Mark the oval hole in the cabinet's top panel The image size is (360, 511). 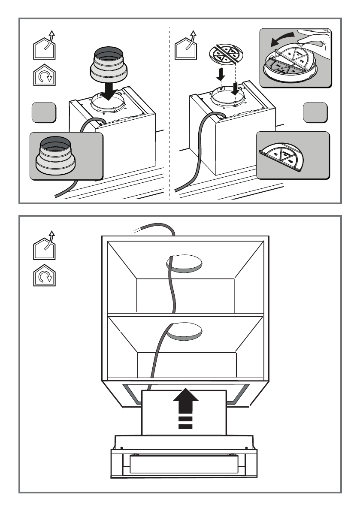(x=185, y=263)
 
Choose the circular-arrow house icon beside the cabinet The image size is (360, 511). (x=44, y=275)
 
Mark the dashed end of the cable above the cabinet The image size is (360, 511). (x=136, y=230)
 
